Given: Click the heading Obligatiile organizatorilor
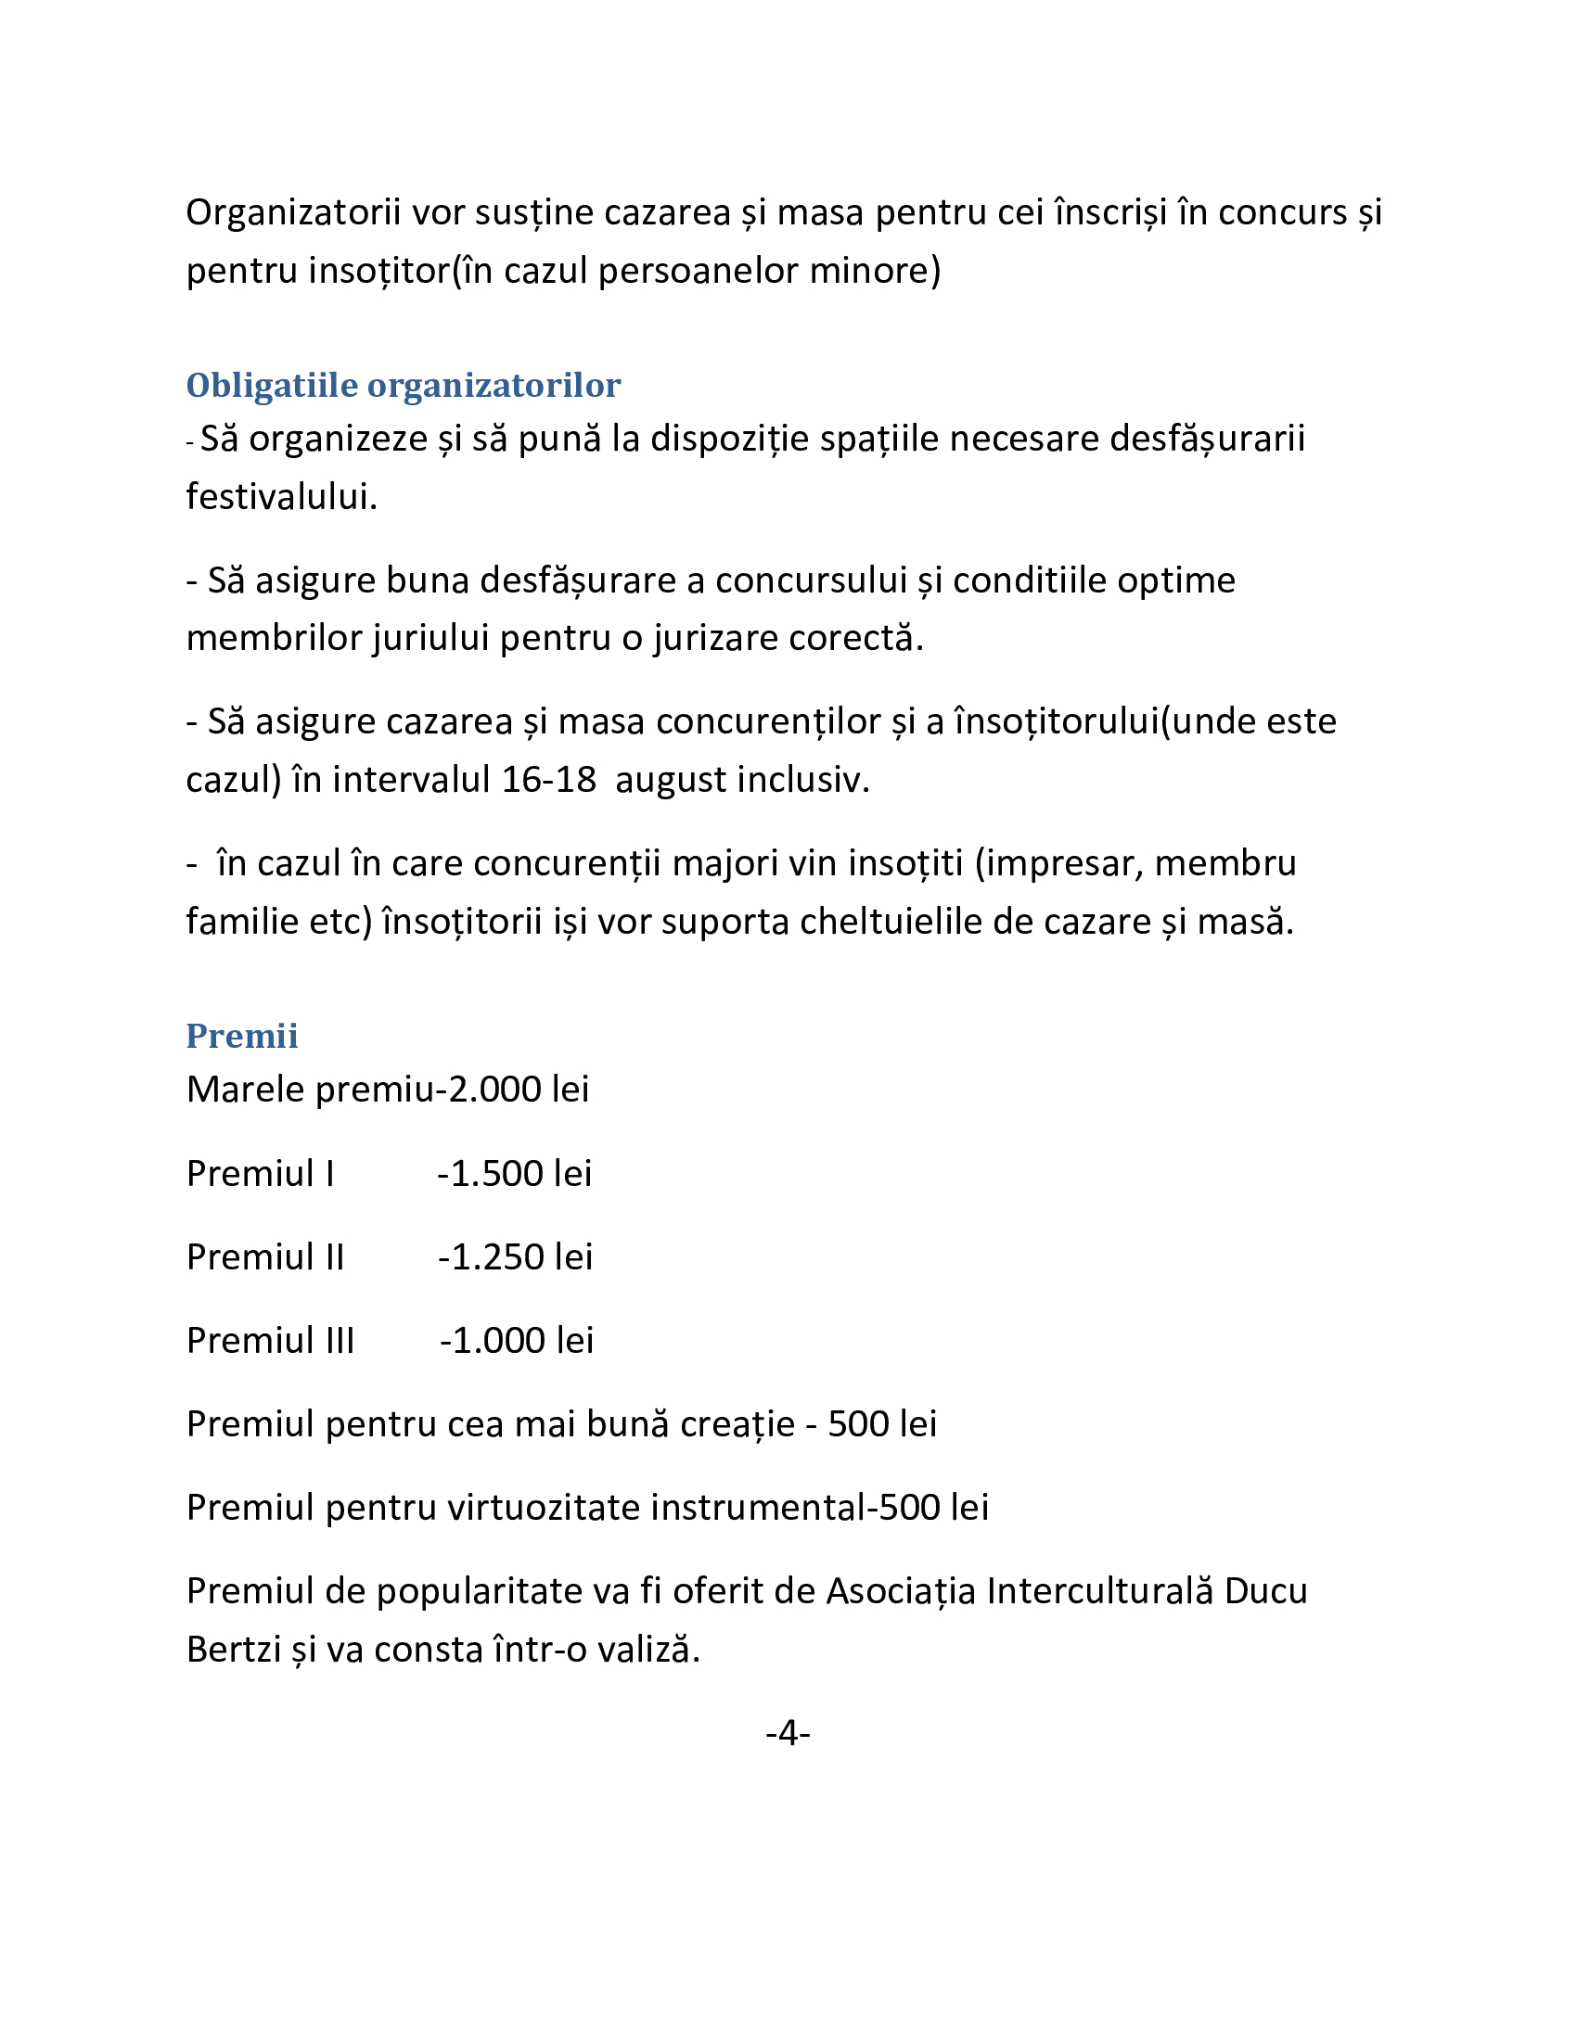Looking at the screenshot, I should tap(403, 385).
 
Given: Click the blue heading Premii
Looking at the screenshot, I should tap(242, 1036).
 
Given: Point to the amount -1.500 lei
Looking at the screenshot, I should tap(515, 1173).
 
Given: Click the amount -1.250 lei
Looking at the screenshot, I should tap(515, 1256).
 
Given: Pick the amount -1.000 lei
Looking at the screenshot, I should tap(517, 1341).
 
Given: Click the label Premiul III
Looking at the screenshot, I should tap(270, 1341).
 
